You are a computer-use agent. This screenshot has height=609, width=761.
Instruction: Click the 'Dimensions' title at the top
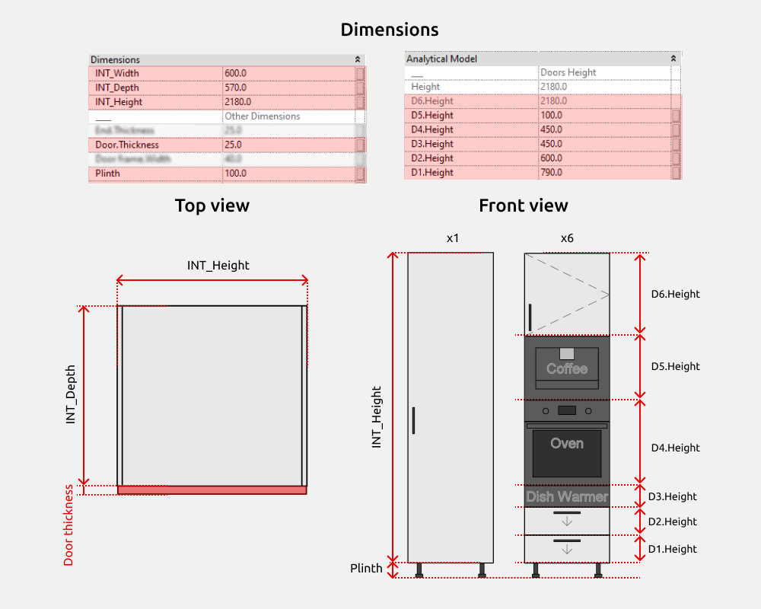click(389, 30)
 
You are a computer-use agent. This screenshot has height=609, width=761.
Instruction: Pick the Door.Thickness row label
click(127, 145)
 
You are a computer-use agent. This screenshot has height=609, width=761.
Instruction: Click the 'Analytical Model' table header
click(441, 59)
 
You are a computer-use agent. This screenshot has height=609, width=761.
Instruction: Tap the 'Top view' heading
click(212, 206)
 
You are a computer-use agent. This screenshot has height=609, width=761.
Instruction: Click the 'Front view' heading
click(523, 206)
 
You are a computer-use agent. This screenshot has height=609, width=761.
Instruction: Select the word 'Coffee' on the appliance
click(567, 369)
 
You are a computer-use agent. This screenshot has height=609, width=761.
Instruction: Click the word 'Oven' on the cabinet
click(567, 443)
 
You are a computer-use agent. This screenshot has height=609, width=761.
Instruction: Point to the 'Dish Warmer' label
click(567, 497)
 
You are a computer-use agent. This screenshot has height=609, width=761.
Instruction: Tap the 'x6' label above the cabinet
click(567, 238)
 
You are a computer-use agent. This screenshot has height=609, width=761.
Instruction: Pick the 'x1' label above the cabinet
click(453, 238)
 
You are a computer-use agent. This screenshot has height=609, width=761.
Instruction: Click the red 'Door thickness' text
click(69, 525)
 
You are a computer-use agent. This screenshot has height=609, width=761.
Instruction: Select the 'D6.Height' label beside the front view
click(675, 294)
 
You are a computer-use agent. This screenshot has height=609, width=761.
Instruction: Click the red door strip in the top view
click(212, 490)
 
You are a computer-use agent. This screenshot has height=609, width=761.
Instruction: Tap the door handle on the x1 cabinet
click(413, 420)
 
